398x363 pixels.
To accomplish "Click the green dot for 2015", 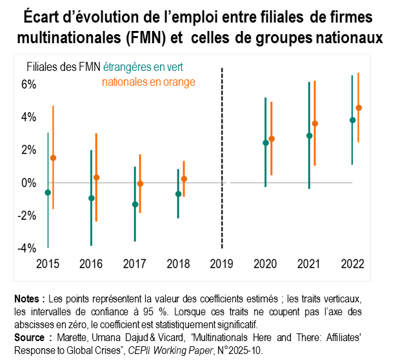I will tap(48, 193).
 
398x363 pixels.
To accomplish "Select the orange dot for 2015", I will tap(53, 158).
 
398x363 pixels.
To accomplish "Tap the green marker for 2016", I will tap(92, 199).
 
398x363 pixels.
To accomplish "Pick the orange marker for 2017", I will tap(140, 184).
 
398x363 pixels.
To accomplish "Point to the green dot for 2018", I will tap(178, 194).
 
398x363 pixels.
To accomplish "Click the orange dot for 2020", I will tap(272, 139).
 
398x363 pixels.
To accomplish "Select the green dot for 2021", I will tap(309, 136).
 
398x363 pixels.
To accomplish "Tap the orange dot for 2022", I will tap(359, 108).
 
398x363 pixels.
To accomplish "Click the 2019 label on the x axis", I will tap(222, 264).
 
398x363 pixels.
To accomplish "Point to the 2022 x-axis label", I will tap(353, 264).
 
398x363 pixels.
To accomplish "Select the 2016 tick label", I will tap(92, 264).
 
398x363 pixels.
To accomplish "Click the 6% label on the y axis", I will tap(28, 84).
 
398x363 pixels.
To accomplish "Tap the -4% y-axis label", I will tap(26, 248).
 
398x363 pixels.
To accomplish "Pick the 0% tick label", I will tap(28, 183).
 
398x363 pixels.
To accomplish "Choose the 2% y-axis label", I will tap(28, 150).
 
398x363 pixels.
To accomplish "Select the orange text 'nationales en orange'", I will tap(148, 82).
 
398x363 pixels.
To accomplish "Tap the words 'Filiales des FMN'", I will tap(63, 67).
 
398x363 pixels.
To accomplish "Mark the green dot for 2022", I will tap(352, 120).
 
